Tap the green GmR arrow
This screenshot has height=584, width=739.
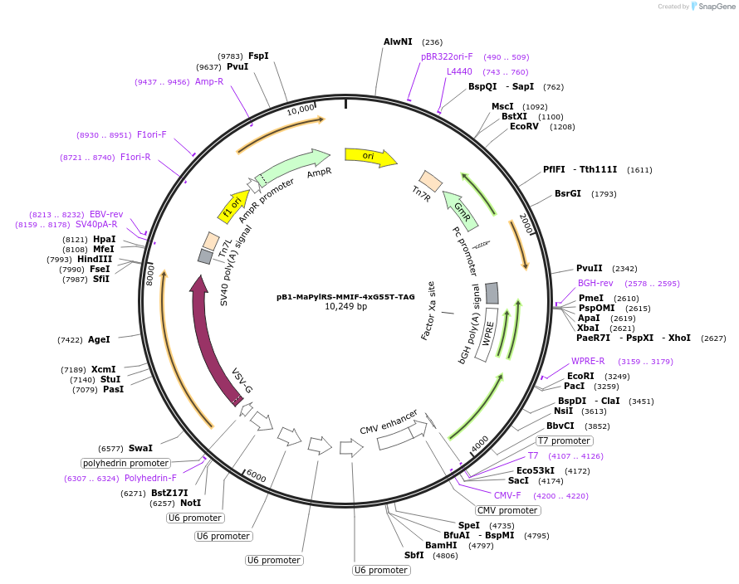coord(462,211)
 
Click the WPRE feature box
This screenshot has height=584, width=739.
coord(487,334)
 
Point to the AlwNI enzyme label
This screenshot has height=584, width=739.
coord(398,42)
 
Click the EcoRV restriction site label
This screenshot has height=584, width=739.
coord(524,126)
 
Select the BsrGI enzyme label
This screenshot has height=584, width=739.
coord(568,193)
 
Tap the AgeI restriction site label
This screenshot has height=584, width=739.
coord(99,339)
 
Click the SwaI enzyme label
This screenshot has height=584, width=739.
coord(140,448)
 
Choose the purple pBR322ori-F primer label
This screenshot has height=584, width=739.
coord(447,57)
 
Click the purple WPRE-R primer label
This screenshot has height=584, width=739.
coord(588,361)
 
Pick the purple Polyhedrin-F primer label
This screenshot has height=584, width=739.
coord(150,478)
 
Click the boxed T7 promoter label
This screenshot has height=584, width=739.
coord(564,440)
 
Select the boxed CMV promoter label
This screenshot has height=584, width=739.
coord(507,510)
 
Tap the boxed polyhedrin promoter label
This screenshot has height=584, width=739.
coord(125,464)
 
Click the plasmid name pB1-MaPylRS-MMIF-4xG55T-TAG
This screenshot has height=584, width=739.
coord(345,297)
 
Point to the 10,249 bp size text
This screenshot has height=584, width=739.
coord(345,307)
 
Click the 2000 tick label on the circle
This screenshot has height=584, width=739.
coord(526,223)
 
